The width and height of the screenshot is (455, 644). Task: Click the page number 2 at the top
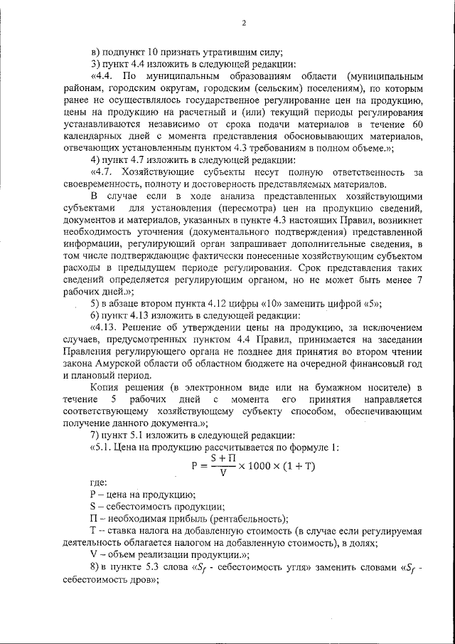coord(243,23)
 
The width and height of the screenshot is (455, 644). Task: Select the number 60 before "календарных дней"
coord(419,124)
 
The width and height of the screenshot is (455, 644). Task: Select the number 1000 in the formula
coord(260,465)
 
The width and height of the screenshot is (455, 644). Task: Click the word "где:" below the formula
coord(99,482)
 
